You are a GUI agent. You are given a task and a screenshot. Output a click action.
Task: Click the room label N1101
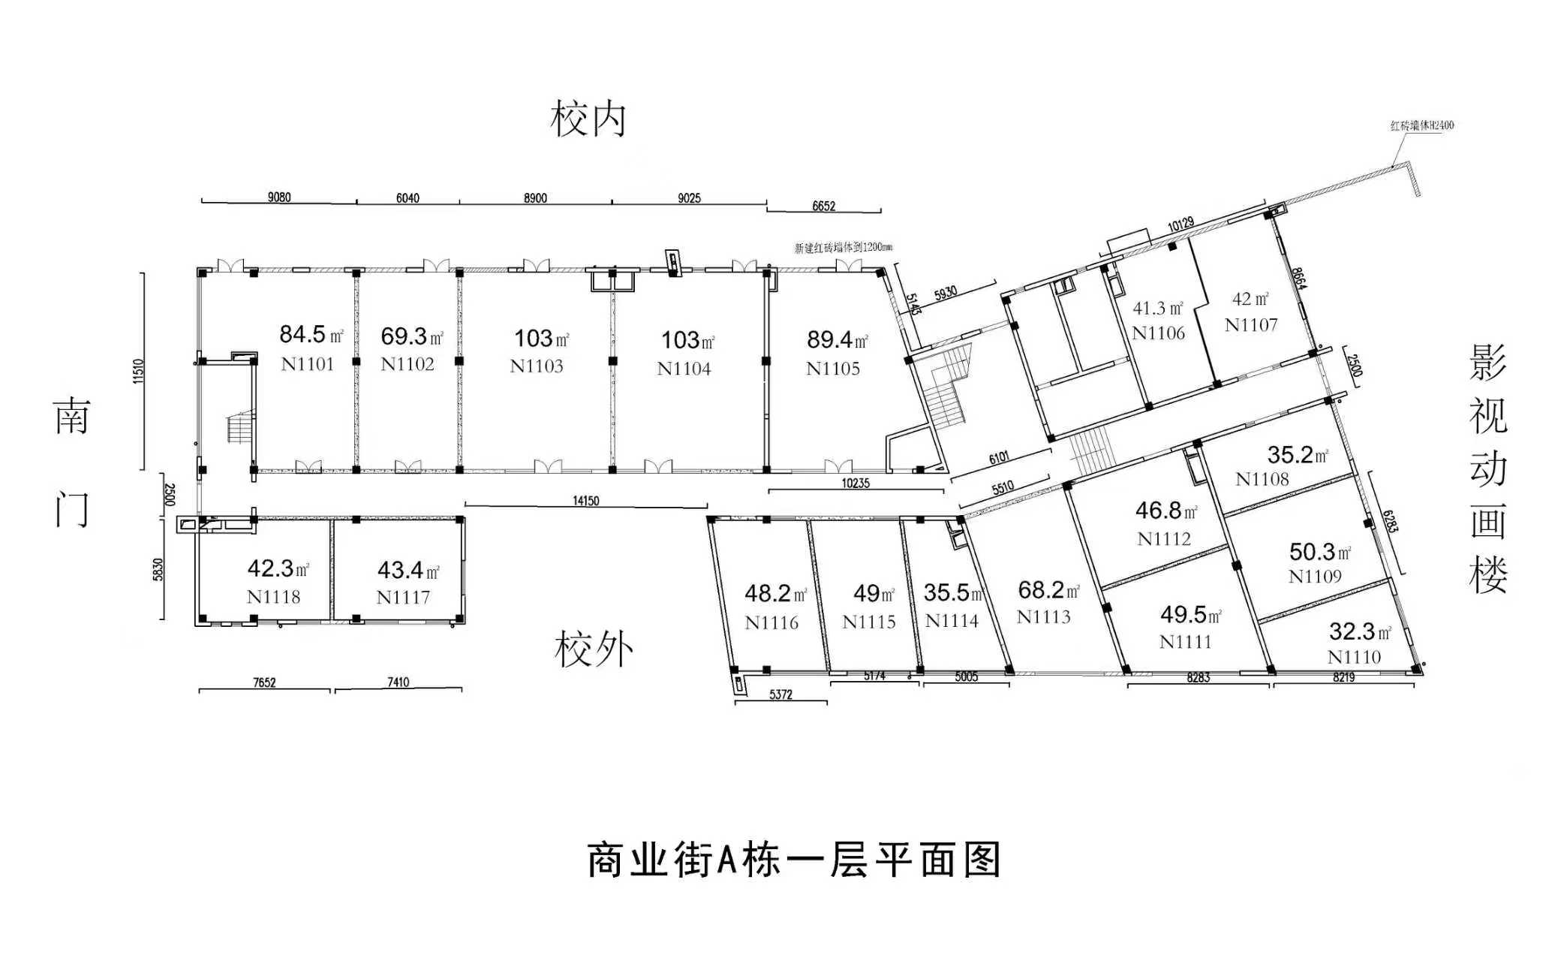(307, 365)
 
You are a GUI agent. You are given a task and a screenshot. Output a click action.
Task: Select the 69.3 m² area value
(411, 336)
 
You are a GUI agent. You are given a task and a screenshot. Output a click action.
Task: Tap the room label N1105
(832, 369)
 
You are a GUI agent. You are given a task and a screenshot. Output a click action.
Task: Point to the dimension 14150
(585, 501)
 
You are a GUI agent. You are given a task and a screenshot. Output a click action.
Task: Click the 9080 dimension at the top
(279, 197)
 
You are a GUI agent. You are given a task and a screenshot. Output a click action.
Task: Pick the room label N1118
(273, 597)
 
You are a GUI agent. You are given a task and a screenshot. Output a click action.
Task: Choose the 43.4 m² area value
(408, 571)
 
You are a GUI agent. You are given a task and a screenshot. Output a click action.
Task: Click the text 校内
(588, 120)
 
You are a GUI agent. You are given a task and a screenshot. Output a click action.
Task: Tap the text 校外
(593, 649)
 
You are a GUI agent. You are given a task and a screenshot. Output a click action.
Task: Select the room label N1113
(1043, 617)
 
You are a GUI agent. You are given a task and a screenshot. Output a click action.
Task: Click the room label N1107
(1250, 325)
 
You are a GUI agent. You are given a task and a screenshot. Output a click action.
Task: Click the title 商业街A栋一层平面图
(794, 860)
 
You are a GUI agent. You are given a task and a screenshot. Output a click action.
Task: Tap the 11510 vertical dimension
(138, 372)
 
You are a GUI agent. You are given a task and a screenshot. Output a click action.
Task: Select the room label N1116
(771, 622)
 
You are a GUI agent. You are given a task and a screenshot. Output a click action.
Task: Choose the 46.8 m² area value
(1165, 511)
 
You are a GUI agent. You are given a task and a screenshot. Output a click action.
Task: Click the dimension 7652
(264, 682)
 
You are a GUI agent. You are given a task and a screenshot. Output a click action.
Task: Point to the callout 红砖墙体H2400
(1421, 126)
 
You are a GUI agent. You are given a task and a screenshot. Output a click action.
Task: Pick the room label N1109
(1315, 577)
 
